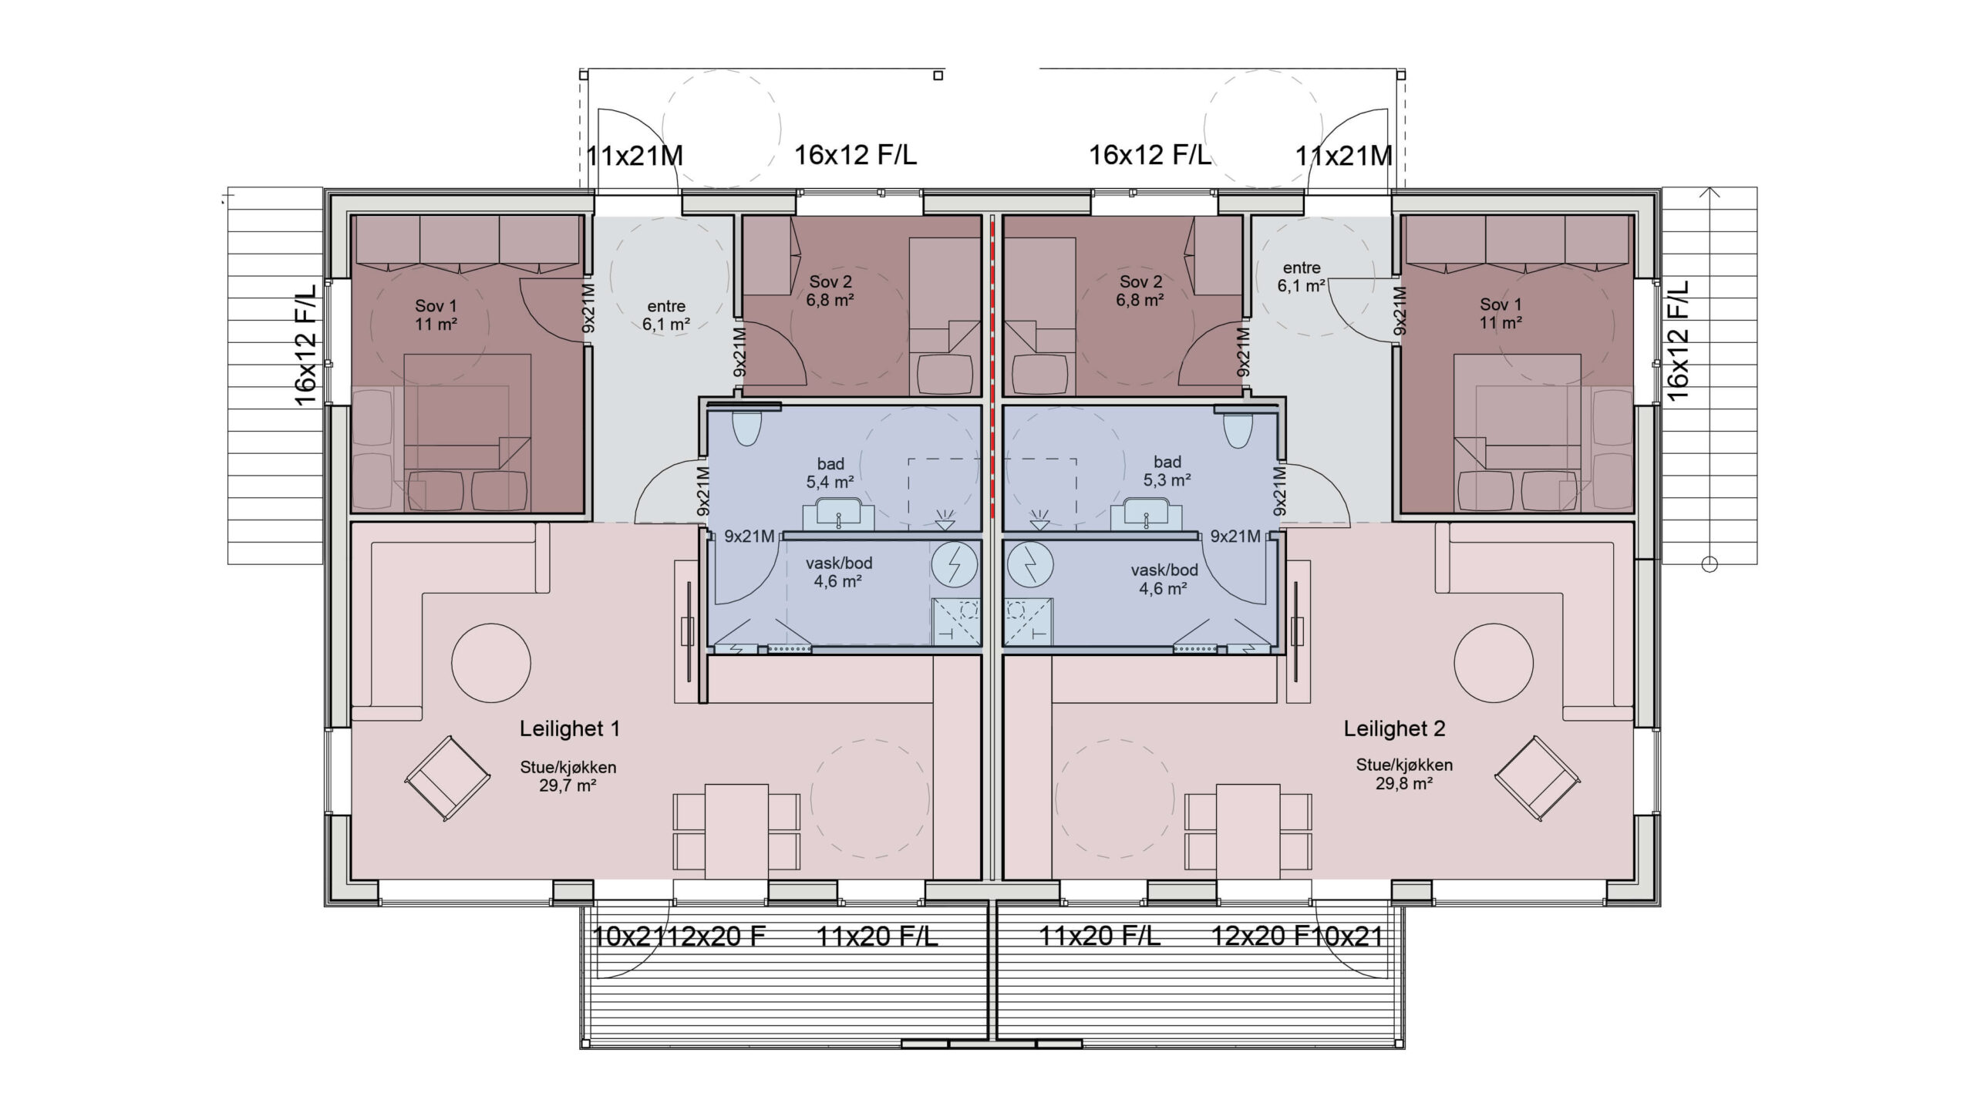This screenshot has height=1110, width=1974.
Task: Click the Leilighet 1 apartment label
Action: [569, 729]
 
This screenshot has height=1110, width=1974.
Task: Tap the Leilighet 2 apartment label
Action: [1394, 729]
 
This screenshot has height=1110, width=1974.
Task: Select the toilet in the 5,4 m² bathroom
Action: [746, 429]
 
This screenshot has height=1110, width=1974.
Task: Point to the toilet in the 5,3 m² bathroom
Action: [1237, 429]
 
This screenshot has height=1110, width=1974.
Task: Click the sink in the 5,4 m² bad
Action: [839, 515]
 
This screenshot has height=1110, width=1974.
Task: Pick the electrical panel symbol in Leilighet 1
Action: [955, 566]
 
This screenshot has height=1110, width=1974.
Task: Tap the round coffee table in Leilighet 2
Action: [1494, 663]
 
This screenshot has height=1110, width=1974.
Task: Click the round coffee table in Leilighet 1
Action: [490, 663]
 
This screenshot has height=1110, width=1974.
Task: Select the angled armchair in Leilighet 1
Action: [447, 779]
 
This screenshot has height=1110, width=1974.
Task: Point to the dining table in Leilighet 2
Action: [1248, 831]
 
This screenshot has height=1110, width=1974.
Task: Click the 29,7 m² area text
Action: [568, 786]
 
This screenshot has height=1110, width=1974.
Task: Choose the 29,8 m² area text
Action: [1404, 784]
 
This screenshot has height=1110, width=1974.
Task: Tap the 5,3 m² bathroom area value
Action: [1167, 480]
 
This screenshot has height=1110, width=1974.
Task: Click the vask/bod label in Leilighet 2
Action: [1164, 570]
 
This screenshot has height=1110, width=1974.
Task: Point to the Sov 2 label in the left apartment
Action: [830, 282]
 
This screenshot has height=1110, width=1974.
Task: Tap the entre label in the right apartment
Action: [1302, 268]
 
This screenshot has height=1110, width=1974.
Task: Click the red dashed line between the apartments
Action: [992, 367]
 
